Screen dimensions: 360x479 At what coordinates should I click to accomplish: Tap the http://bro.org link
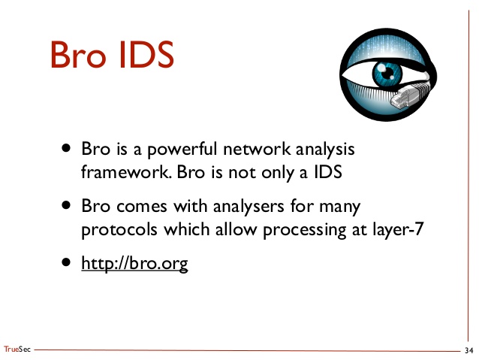134,264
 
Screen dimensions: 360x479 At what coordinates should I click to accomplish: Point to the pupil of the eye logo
389,74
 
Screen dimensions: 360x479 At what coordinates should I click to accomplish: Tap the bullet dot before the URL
68,262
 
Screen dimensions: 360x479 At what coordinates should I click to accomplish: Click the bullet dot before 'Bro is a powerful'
68,148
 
